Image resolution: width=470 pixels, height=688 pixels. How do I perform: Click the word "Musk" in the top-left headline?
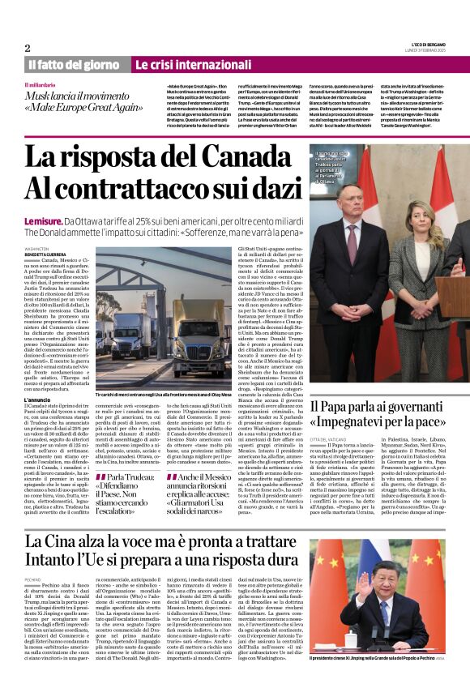tap(40, 95)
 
